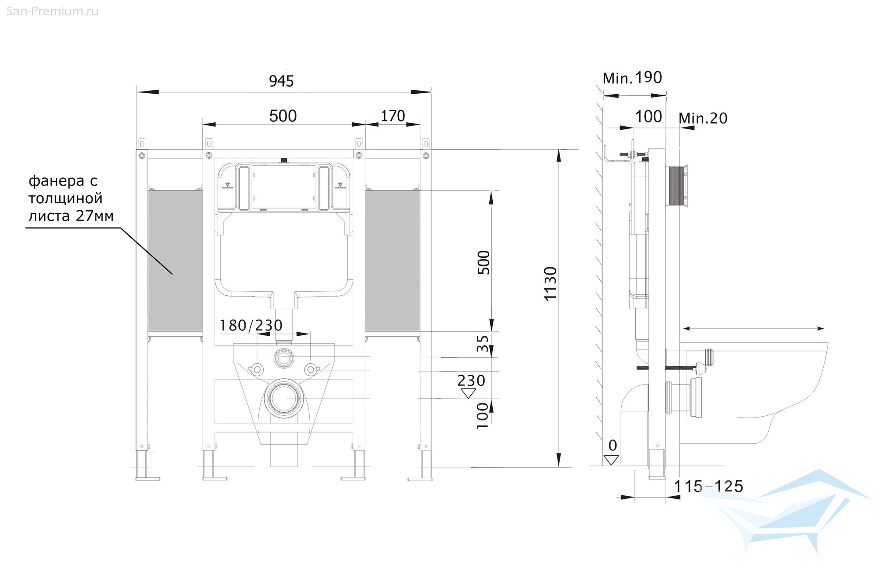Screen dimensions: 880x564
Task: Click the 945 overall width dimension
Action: click(281, 81)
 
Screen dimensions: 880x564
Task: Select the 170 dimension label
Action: click(392, 116)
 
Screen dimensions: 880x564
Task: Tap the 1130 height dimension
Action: click(550, 283)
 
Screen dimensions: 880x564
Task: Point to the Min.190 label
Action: click(632, 78)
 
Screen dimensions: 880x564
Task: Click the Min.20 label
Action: click(703, 118)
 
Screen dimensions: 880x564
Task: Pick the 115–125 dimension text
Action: click(708, 487)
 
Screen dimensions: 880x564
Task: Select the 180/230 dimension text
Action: click(251, 326)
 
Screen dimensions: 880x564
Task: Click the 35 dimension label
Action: click(483, 344)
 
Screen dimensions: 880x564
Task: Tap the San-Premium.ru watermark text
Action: click(52, 11)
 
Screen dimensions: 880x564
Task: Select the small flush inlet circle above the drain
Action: click(284, 357)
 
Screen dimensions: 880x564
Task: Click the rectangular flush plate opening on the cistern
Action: click(283, 187)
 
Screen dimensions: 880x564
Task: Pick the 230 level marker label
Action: click(471, 381)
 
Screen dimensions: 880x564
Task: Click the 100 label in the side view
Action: click(649, 117)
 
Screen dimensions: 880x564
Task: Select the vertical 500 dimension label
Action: click(484, 262)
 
